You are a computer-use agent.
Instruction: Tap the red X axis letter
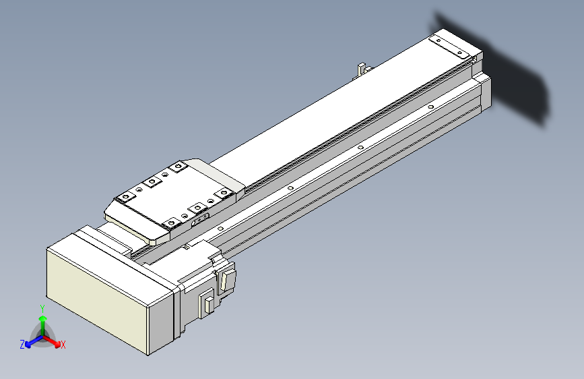63,345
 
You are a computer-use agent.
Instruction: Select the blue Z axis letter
22,344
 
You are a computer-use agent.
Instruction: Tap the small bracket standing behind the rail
362,69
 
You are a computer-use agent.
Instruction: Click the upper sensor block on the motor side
229,278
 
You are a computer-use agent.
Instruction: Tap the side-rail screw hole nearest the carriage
220,230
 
